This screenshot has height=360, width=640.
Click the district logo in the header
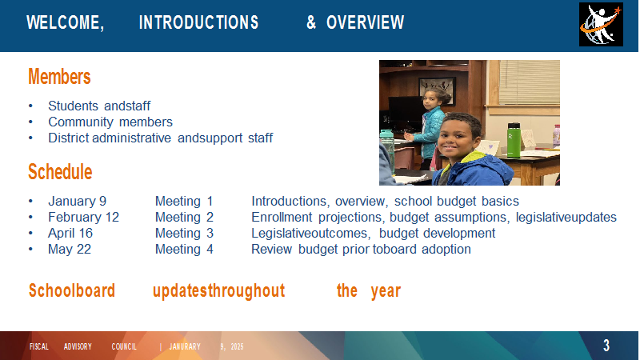(x=601, y=24)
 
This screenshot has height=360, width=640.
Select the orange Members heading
(x=59, y=77)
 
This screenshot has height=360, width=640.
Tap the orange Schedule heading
(x=60, y=172)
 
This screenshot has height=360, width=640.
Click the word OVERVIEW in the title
(x=366, y=22)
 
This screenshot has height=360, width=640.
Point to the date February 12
(x=83, y=217)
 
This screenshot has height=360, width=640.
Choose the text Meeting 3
(x=184, y=233)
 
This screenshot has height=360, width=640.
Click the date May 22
(x=70, y=249)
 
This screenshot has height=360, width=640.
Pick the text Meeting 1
(x=184, y=202)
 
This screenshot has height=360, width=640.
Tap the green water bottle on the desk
(x=514, y=140)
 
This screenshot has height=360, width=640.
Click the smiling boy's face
(x=458, y=138)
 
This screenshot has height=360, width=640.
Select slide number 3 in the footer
(x=606, y=346)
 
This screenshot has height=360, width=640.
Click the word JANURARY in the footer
(x=185, y=346)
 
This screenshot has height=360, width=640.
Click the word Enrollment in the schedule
(x=282, y=217)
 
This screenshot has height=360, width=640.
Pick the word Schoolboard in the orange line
(x=72, y=290)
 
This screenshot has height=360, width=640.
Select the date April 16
(x=70, y=233)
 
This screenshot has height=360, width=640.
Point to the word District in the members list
(x=69, y=138)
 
